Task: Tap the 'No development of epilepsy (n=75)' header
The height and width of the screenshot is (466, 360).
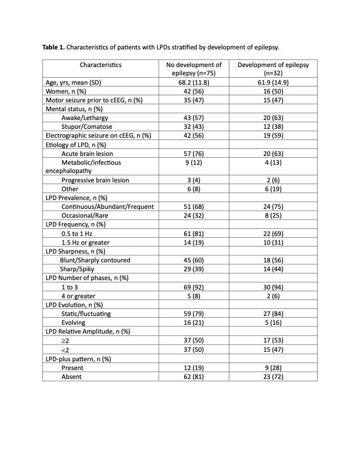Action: coord(194,68)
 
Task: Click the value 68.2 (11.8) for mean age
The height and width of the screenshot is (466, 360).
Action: coord(194,82)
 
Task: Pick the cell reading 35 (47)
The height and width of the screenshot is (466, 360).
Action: coord(194,101)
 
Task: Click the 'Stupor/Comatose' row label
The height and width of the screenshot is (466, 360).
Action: coord(86,127)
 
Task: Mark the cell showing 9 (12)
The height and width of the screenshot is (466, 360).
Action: coord(194,162)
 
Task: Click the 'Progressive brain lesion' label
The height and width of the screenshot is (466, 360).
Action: coord(95,179)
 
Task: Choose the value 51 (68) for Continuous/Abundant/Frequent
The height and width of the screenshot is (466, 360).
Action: coord(194,207)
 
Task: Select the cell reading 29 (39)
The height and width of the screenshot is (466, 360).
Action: coord(194,268)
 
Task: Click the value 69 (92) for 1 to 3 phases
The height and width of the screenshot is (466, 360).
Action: coord(194,287)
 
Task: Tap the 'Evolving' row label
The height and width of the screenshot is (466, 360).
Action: coord(74,322)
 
